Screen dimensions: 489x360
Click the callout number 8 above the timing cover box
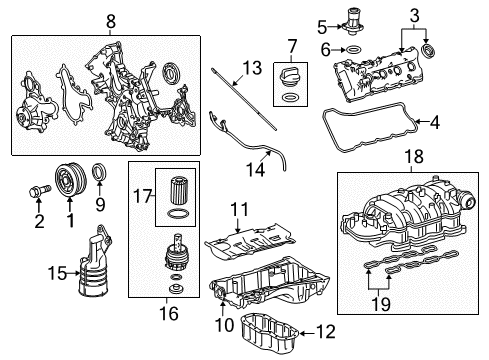coord(111,22)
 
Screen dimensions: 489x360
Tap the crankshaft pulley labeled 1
coord(71,179)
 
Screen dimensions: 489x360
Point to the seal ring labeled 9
coord(100,172)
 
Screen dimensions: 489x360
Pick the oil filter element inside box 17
coord(176,191)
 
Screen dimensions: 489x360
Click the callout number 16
coord(169,313)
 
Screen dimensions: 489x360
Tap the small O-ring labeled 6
coord(353,50)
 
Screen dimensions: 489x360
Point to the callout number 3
coord(414,16)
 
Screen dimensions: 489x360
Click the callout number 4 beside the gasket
coord(435,122)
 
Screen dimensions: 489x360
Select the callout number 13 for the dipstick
coord(252,68)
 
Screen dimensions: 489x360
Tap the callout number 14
coord(256,169)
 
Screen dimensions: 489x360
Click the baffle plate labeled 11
coord(250,244)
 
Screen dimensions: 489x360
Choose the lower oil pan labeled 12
coord(269,330)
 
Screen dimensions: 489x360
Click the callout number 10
coord(225,324)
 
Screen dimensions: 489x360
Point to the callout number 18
coord(414,156)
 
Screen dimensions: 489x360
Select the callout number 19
coord(381,304)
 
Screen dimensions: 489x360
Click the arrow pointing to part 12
coord(307,333)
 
